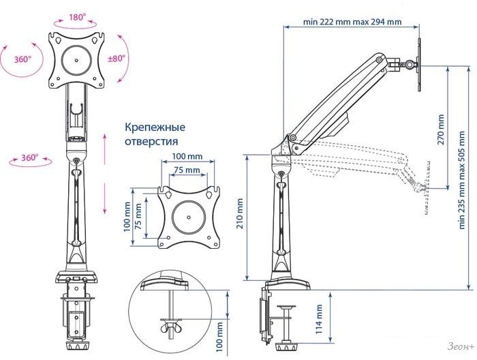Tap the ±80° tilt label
[117, 59]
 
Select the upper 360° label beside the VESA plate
[22, 59]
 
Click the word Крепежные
[155, 127]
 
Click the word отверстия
[151, 142]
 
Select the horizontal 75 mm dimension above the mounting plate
[187, 170]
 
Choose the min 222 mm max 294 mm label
[352, 22]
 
